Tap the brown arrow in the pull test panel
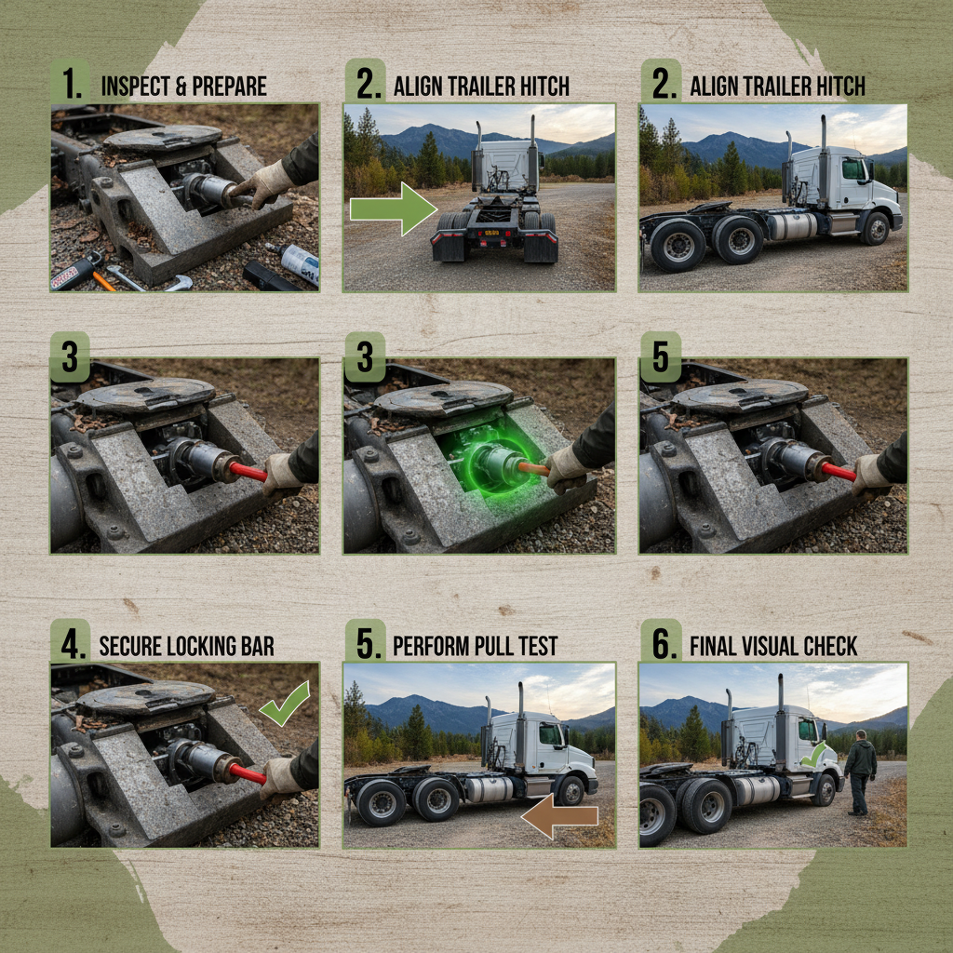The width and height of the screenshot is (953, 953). tap(559, 815)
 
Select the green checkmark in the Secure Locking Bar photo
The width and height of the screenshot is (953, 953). tap(285, 704)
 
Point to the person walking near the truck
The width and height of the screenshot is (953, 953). tap(860, 772)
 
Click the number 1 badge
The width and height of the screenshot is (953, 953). tap(70, 82)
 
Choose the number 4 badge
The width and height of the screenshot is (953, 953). tap(70, 642)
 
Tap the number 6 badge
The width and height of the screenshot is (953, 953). tap(662, 642)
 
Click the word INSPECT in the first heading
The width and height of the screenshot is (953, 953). tap(136, 87)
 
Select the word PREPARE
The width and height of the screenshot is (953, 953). tap(228, 87)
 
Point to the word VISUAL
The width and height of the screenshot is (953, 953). tap(773, 646)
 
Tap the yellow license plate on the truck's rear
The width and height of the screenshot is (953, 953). tap(491, 233)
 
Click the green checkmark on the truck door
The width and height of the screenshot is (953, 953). tap(813, 754)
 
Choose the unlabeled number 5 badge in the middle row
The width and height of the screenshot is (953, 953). tap(661, 356)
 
